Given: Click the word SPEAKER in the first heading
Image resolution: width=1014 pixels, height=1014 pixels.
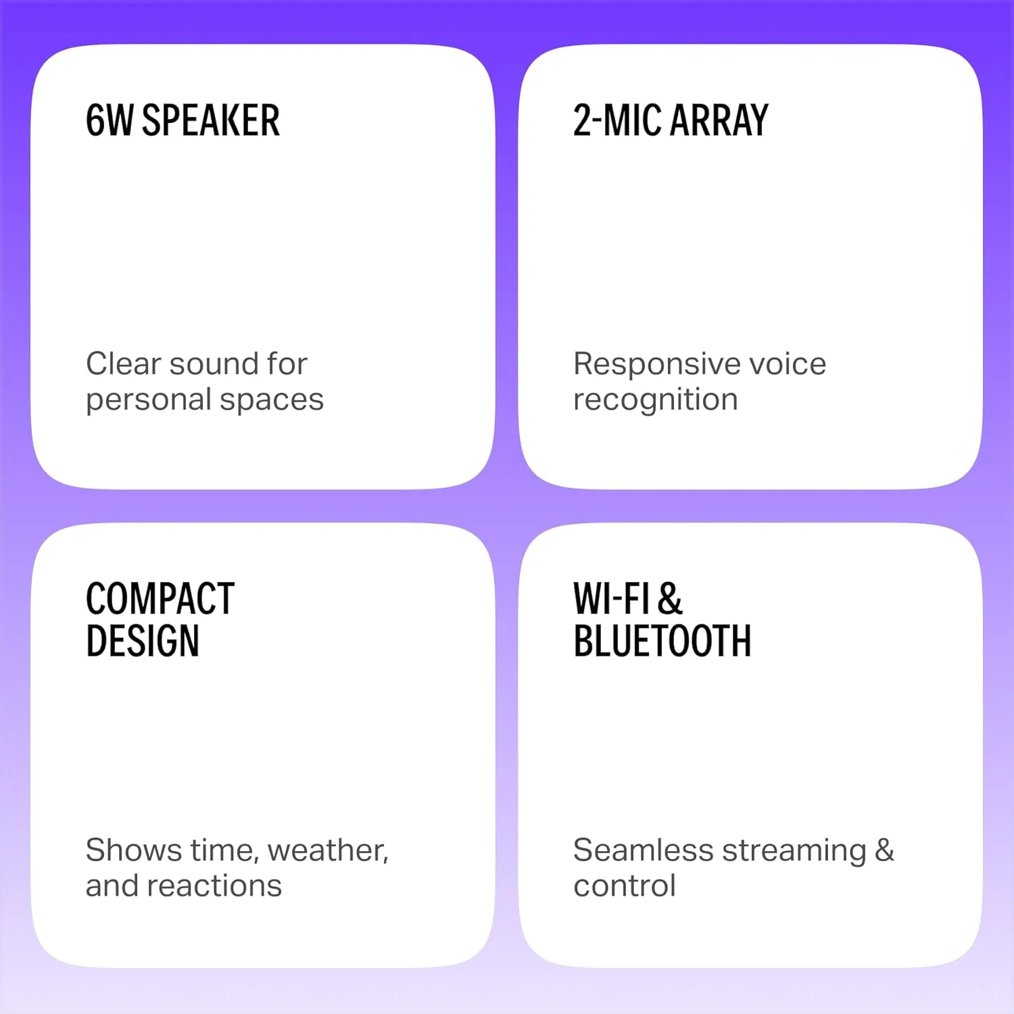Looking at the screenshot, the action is click(x=211, y=120).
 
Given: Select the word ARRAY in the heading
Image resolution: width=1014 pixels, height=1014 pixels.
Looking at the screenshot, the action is click(x=720, y=120).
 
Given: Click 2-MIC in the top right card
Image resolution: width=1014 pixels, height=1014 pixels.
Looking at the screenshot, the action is click(x=617, y=120).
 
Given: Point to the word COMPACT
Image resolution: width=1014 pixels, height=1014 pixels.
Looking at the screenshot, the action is click(x=160, y=598).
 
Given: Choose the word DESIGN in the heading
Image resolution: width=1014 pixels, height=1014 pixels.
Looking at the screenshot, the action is click(x=143, y=641).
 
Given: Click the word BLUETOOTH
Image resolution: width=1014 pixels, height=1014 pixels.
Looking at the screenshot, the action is click(x=662, y=641).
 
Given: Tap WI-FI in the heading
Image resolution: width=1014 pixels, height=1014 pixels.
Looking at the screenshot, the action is click(x=611, y=598).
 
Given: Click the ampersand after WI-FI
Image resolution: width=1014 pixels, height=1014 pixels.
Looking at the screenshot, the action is click(x=670, y=598).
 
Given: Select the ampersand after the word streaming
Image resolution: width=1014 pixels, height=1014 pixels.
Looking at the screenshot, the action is click(x=884, y=850).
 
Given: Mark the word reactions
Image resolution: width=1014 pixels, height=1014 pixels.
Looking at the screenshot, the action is click(x=214, y=886).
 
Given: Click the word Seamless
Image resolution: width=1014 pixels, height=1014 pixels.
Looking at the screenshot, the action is click(x=643, y=850).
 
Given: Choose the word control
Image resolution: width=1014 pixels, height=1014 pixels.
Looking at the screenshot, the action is click(x=624, y=886).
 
